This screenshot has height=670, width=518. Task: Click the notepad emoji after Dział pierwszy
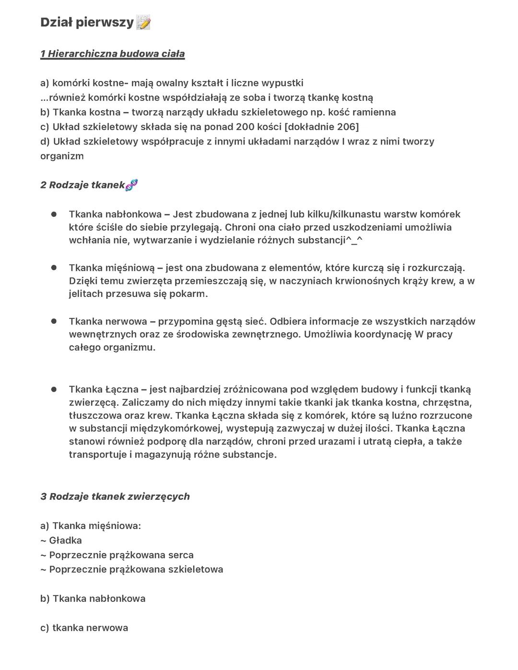coord(143,23)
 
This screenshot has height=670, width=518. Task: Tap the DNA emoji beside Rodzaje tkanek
coord(131,185)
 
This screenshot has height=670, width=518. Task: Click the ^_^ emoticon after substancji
coord(354,240)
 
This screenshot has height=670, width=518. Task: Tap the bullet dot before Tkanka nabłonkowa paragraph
coord(54,214)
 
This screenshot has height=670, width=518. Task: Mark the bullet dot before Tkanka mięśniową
coord(54,268)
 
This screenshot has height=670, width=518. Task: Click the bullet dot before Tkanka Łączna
coord(54,389)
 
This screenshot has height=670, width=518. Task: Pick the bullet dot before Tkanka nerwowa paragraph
coord(54,321)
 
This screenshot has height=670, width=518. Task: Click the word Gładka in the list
coord(65,541)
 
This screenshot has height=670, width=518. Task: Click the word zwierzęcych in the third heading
coord(161,496)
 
